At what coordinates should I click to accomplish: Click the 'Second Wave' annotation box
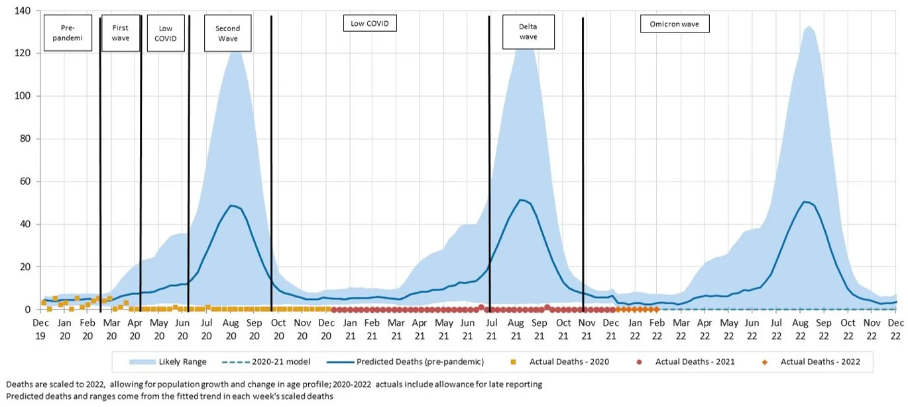coord(227,33)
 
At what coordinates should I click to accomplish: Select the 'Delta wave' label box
coord(528,32)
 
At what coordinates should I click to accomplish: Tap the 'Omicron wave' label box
coord(674,25)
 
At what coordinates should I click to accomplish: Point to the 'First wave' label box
coord(121,33)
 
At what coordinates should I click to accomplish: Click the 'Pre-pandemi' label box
coord(68,33)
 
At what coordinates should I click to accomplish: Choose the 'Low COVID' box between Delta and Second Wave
coord(369,23)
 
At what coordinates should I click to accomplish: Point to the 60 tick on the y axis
coord(24,182)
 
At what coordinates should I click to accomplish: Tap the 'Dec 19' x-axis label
coord(40,327)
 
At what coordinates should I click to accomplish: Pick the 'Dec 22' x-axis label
coord(895,327)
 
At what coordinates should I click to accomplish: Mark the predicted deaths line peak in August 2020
coord(231,205)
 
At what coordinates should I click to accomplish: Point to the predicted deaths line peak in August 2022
coord(805,202)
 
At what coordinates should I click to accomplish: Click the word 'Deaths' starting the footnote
coord(19,384)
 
